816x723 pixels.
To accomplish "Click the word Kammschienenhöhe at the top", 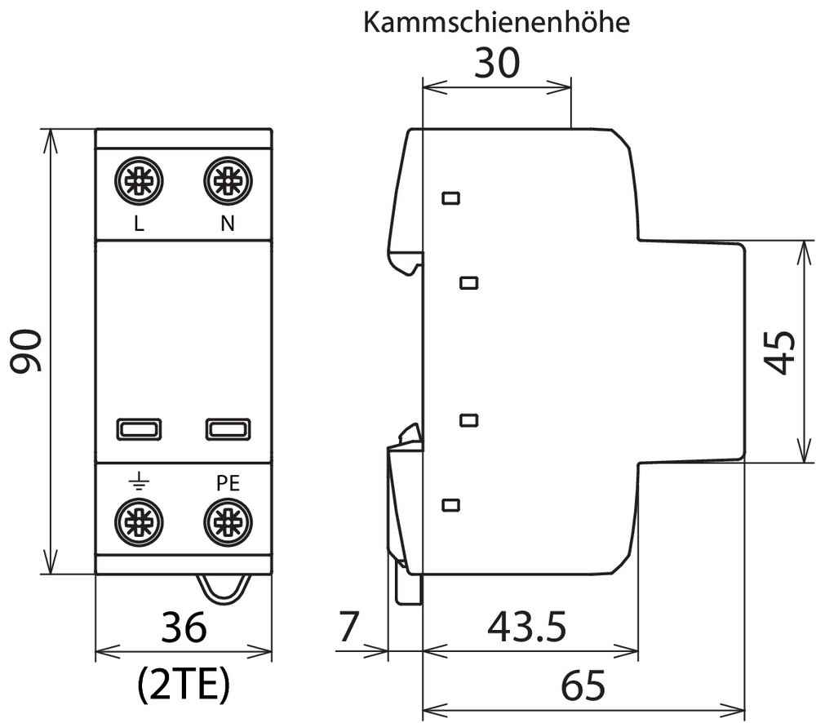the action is click(496, 22).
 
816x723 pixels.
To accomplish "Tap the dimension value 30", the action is click(497, 63).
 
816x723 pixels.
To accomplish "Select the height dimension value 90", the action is click(26, 351).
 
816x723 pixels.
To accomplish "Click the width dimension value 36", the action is click(184, 628).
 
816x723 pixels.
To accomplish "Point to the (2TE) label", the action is click(184, 685).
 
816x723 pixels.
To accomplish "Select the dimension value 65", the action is click(583, 685).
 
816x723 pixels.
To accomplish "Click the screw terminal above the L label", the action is click(139, 181).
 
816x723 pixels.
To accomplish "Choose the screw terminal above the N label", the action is click(228, 181).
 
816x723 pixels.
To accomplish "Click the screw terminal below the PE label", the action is click(228, 522).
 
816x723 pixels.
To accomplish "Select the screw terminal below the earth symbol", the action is click(139, 522).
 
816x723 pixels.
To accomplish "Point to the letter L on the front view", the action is click(139, 224).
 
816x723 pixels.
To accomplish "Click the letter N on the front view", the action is click(228, 224).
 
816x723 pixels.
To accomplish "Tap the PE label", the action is click(228, 483).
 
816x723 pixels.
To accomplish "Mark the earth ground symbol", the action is click(139, 482).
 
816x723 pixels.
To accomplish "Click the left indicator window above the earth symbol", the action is click(139, 429).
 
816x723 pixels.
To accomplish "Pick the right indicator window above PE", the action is click(228, 429).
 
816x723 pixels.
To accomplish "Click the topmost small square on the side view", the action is click(450, 197).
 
